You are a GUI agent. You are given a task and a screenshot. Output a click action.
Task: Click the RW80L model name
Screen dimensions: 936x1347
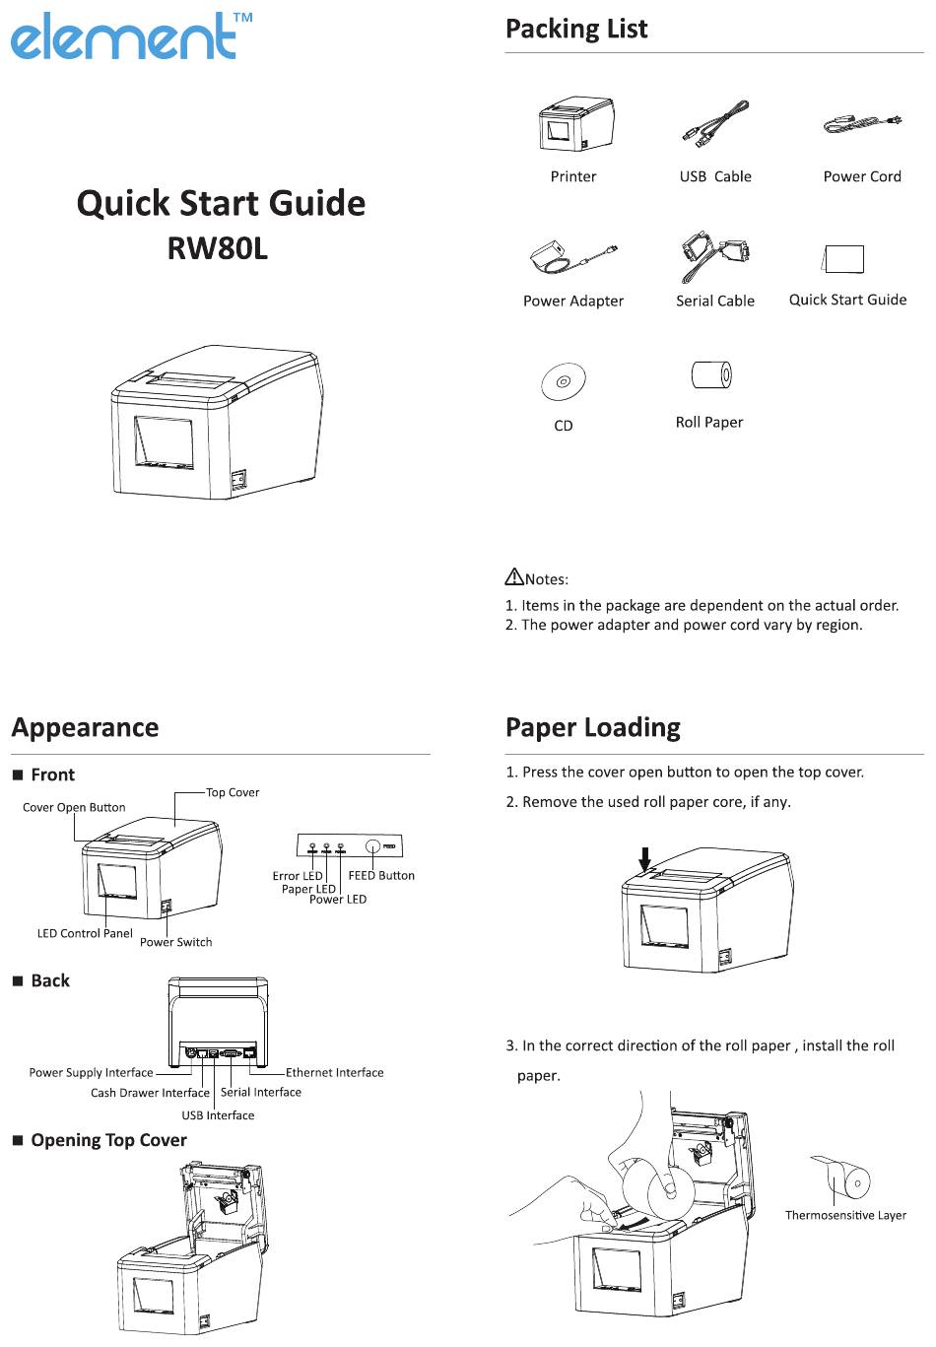(x=217, y=248)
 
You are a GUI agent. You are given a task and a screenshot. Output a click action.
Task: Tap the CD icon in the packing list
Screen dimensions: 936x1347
(x=564, y=381)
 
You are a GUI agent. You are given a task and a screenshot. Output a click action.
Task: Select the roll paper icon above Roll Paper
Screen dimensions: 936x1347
(x=711, y=375)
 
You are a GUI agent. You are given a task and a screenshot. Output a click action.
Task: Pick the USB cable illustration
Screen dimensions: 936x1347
(x=715, y=124)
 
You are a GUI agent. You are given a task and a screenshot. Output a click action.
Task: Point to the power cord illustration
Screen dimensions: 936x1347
(x=863, y=123)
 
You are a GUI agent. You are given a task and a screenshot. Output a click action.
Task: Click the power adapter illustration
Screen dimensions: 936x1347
(x=573, y=257)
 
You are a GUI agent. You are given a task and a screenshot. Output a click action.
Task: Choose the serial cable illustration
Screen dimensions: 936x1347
(x=714, y=256)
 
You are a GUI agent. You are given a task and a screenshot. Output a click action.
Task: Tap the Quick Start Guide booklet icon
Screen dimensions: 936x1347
(x=842, y=258)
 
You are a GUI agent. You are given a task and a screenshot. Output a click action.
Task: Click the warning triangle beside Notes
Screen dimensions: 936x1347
(x=514, y=576)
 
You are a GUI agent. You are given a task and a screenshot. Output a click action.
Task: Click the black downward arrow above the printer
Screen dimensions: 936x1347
(x=645, y=858)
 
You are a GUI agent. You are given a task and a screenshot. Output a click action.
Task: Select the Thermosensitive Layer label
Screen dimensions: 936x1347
(x=845, y=1215)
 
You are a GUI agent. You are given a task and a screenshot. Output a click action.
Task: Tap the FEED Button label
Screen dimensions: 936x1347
(x=381, y=876)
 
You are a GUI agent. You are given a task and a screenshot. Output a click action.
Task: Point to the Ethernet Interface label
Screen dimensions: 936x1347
(x=334, y=1072)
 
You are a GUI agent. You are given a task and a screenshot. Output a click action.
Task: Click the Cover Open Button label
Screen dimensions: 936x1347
(x=74, y=807)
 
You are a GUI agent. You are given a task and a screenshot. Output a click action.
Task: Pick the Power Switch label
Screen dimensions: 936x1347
(x=175, y=942)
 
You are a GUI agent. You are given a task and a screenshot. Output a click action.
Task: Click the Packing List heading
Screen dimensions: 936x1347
(x=576, y=29)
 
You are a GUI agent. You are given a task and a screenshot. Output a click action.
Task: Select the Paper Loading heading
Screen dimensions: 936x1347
(x=593, y=727)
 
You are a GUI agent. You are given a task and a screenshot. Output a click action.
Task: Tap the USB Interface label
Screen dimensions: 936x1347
(x=218, y=1114)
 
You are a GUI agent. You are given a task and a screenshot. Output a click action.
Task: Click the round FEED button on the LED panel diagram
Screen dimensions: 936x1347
(x=372, y=846)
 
